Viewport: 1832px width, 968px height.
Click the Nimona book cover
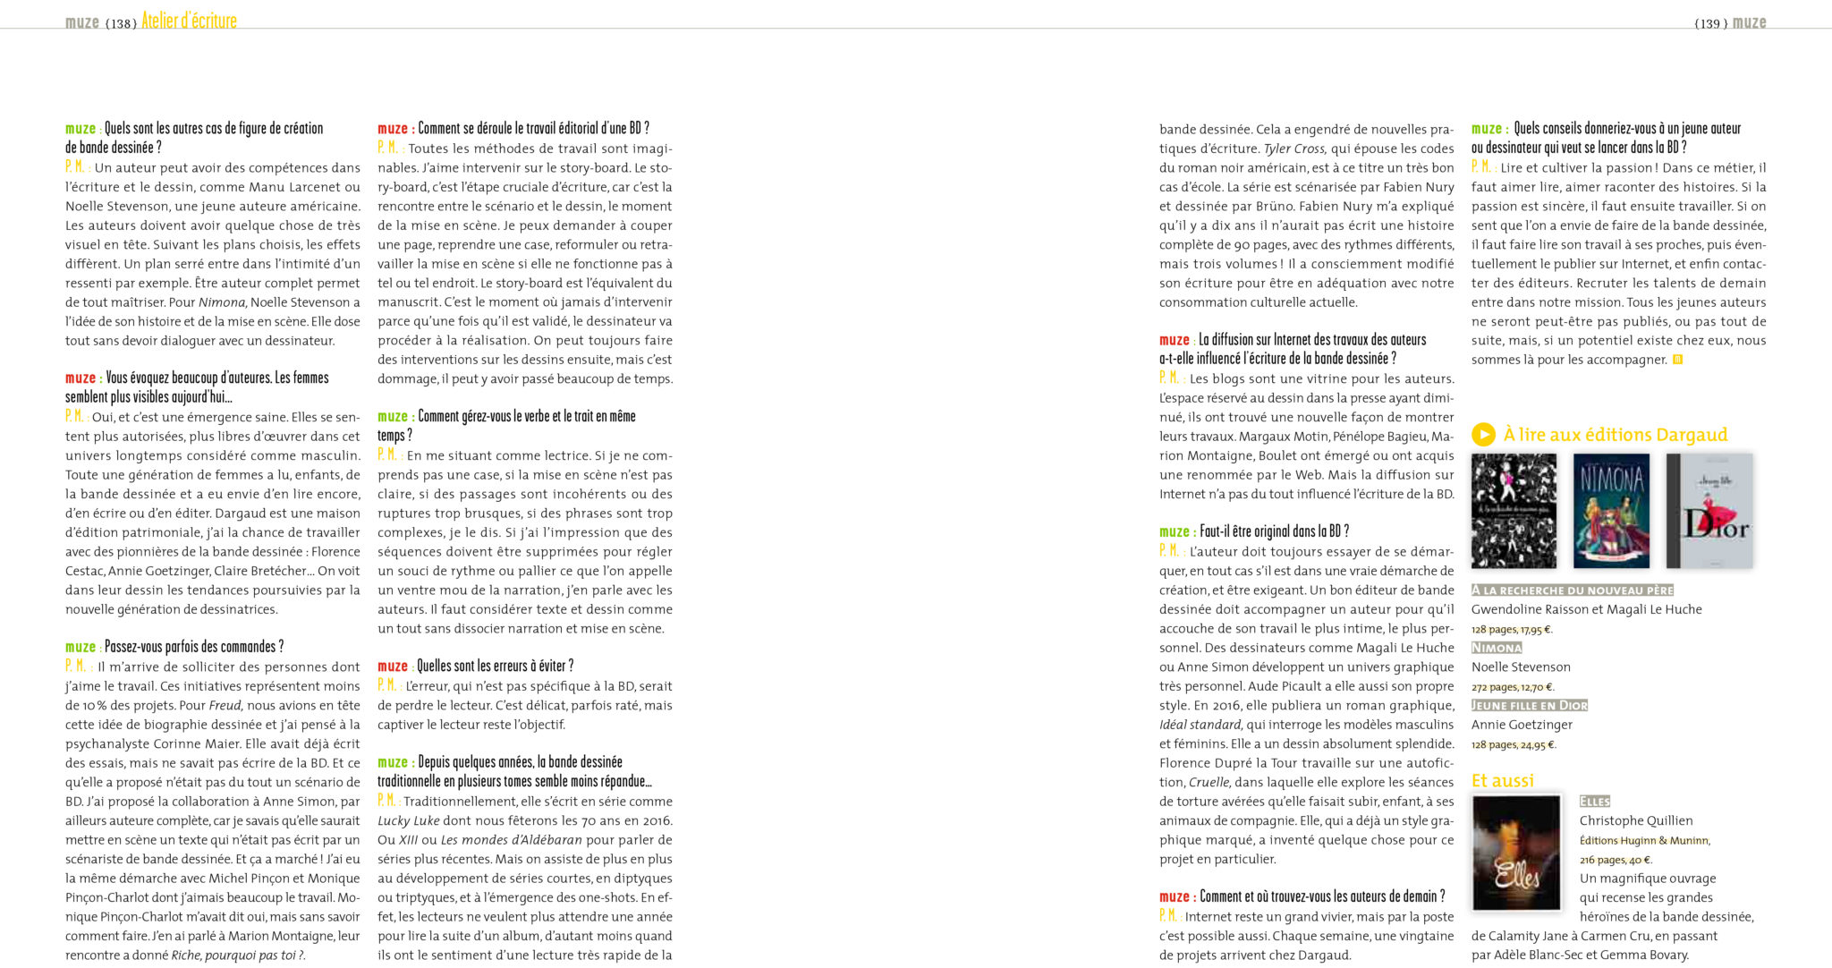tap(1611, 511)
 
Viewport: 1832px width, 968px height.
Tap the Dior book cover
tap(1709, 511)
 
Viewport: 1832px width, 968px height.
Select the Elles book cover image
tap(1516, 853)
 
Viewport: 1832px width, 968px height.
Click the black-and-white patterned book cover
tap(1514, 511)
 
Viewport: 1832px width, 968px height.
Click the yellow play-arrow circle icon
tap(1483, 435)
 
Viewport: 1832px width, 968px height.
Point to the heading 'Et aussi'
tap(1503, 781)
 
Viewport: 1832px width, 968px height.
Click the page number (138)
tap(121, 23)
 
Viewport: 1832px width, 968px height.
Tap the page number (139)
tap(1710, 23)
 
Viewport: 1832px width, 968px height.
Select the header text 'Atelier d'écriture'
tap(189, 21)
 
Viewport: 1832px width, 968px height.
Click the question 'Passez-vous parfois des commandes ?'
tap(194, 647)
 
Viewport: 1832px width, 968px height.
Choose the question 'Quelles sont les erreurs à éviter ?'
tap(495, 667)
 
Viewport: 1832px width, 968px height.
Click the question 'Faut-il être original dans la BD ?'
tap(1274, 531)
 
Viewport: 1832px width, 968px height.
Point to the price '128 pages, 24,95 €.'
tap(1514, 744)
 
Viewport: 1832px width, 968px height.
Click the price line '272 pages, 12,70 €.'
tap(1513, 687)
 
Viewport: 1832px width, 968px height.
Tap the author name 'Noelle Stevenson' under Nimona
tap(1521, 667)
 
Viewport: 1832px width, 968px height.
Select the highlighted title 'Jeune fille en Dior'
tap(1530, 706)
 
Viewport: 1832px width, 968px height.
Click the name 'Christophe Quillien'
tap(1636, 820)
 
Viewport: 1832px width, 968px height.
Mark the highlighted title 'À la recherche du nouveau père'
tap(1572, 590)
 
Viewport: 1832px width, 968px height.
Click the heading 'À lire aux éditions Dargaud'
tap(1616, 435)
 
